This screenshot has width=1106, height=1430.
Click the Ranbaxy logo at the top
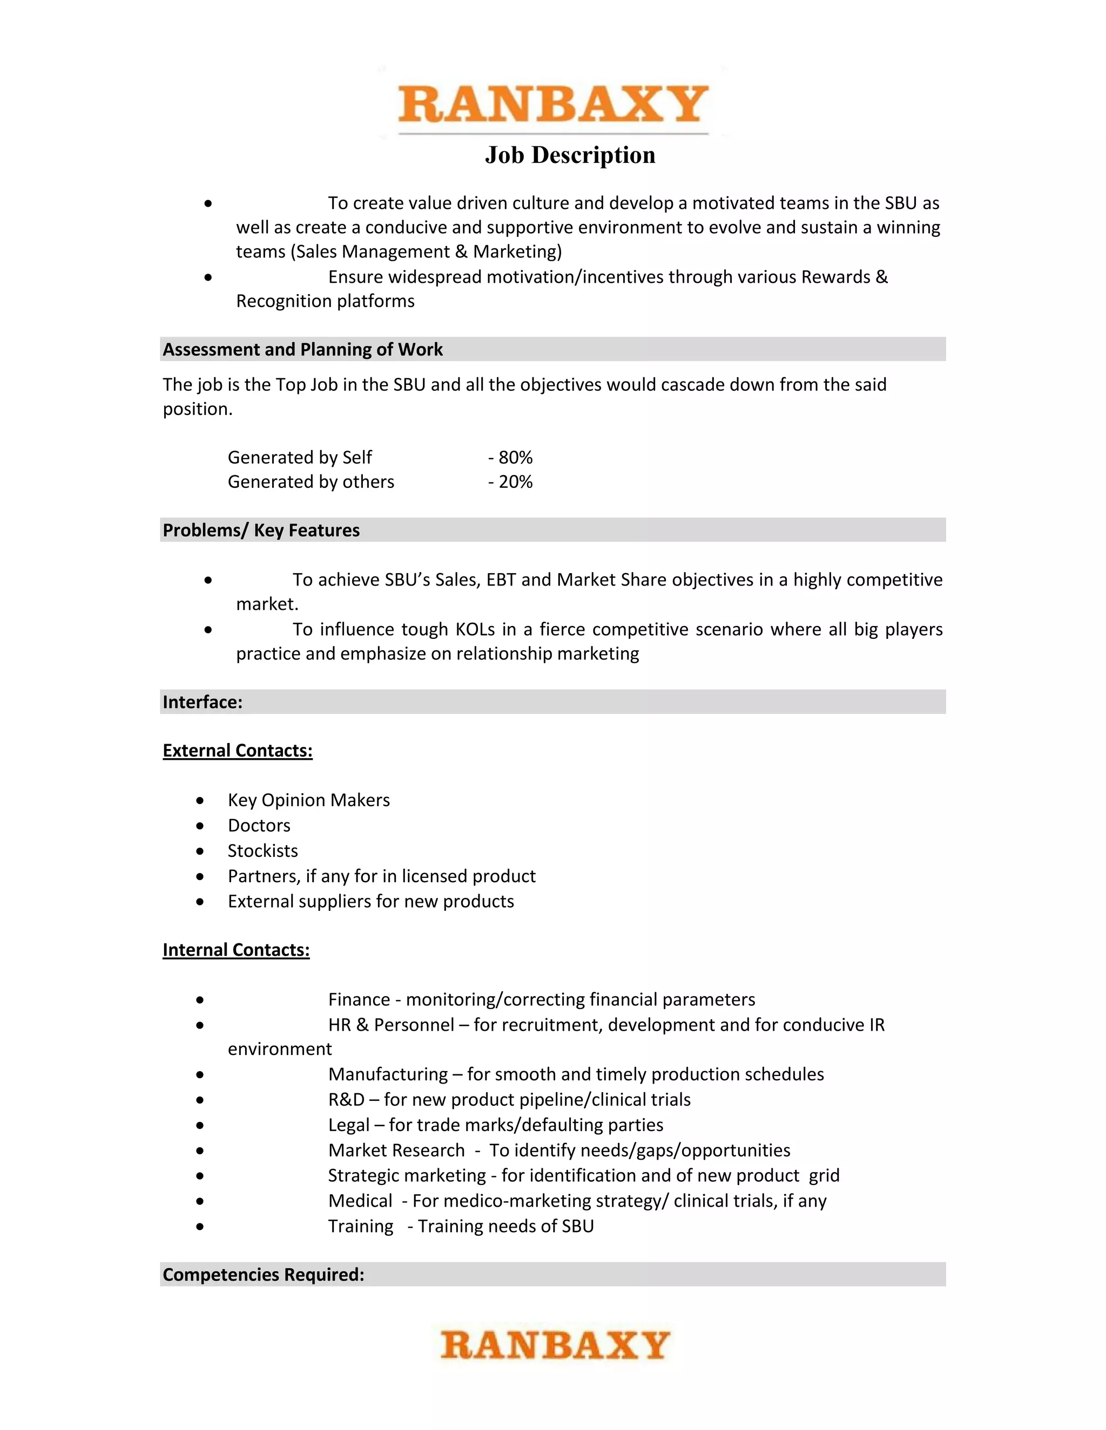click(x=553, y=105)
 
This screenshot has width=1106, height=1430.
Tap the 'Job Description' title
click(x=569, y=155)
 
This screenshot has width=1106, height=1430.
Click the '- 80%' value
click(x=510, y=457)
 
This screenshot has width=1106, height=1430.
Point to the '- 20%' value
click(x=510, y=482)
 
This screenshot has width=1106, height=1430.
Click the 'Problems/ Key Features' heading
click(x=261, y=530)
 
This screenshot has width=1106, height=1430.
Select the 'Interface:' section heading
click(x=203, y=703)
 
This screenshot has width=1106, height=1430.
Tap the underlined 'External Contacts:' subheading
click(x=237, y=751)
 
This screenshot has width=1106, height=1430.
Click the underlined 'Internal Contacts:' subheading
click(x=236, y=950)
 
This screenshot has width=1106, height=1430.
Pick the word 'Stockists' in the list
click(x=263, y=851)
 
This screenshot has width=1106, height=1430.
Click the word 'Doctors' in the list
click(x=259, y=826)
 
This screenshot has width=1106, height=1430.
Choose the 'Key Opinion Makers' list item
click(x=308, y=800)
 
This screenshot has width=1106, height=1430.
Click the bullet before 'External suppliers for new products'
click(x=200, y=902)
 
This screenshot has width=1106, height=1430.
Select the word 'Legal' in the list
click(x=348, y=1126)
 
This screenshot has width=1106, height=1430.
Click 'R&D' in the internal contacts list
click(x=346, y=1100)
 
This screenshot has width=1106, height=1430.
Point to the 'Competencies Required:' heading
click(x=264, y=1275)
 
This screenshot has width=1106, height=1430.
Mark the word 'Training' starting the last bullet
click(x=360, y=1227)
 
